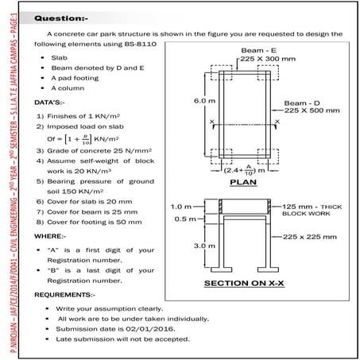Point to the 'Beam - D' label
(304, 104)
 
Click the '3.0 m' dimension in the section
(204, 246)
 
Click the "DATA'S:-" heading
(49, 103)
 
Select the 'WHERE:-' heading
(50, 236)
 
